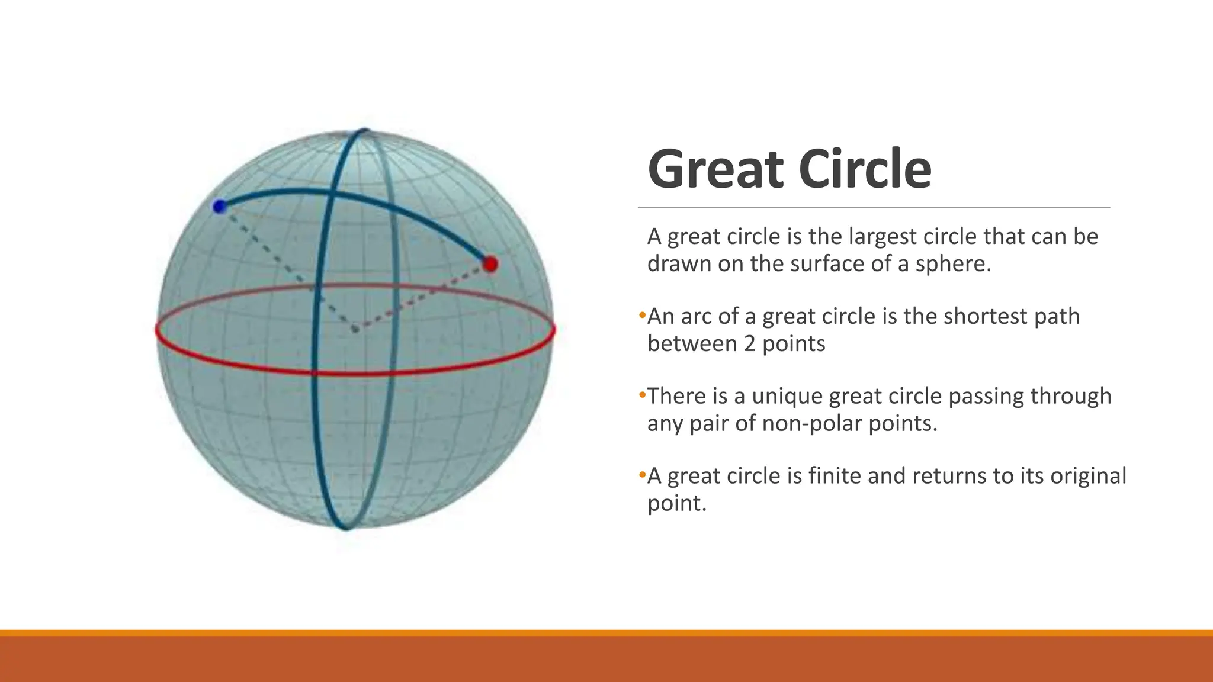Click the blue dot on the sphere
click(220, 207)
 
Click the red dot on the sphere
click(490, 264)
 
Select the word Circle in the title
click(865, 169)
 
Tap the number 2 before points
click(750, 344)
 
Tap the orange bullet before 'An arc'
click(642, 315)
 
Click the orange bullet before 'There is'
click(642, 395)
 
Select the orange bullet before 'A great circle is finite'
click(642, 475)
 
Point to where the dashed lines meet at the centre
click(355, 330)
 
